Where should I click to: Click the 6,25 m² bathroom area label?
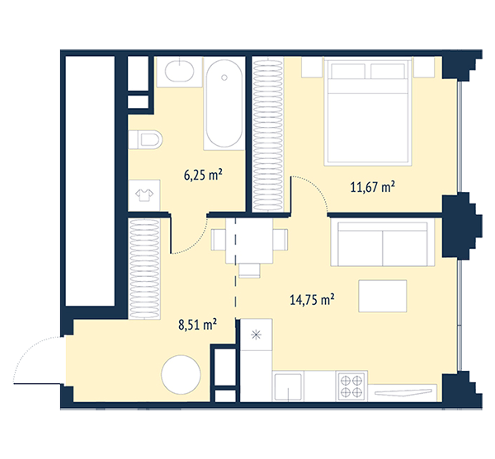pyautogui.click(x=203, y=175)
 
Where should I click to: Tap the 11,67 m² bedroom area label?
pyautogui.click(x=373, y=187)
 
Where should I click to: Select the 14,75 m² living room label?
pyautogui.click(x=312, y=299)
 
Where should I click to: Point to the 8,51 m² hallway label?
pyautogui.click(x=198, y=325)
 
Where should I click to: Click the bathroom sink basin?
pyautogui.click(x=180, y=72)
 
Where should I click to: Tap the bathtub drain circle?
pyautogui.click(x=224, y=77)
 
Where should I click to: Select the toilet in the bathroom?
pyautogui.click(x=145, y=139)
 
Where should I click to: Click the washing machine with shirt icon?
pyautogui.click(x=144, y=195)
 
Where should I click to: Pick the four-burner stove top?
pyautogui.click(x=351, y=386)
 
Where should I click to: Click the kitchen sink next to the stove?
pyautogui.click(x=288, y=387)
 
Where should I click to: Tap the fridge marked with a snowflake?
pyautogui.click(x=256, y=335)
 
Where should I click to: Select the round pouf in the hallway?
pyautogui.click(x=181, y=374)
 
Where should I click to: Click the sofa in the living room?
pyautogui.click(x=383, y=243)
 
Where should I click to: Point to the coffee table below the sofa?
pyautogui.click(x=383, y=296)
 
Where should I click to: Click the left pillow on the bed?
pyautogui.click(x=348, y=71)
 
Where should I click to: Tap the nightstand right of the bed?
pyautogui.click(x=424, y=67)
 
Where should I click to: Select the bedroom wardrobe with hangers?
pyautogui.click(x=268, y=134)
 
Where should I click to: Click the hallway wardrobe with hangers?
pyautogui.click(x=144, y=269)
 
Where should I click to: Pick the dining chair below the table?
pyautogui.click(x=249, y=271)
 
